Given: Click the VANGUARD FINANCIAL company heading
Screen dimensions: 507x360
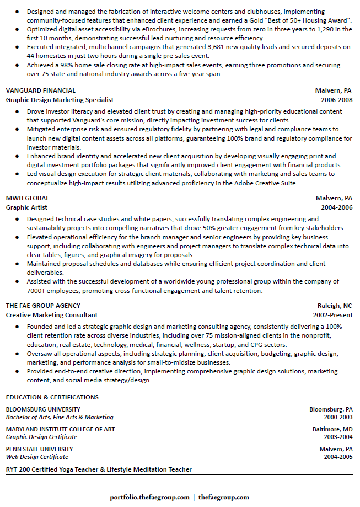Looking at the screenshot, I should click(x=41, y=90).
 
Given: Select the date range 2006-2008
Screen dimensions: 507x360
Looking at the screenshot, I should click(x=336, y=100).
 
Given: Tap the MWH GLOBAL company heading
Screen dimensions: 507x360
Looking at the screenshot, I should click(x=27, y=198).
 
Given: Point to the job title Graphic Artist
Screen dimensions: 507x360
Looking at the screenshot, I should click(x=26, y=207).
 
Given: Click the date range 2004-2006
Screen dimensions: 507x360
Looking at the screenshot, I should click(x=336, y=207).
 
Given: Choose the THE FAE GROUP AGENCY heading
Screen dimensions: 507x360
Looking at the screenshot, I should click(x=43, y=306).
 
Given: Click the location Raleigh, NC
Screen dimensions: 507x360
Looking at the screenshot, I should click(x=335, y=306).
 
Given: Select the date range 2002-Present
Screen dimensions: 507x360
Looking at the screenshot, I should click(x=332, y=315).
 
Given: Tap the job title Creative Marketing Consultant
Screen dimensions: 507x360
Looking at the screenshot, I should click(x=52, y=315).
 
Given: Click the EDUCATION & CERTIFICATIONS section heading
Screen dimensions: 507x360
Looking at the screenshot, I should click(x=52, y=397).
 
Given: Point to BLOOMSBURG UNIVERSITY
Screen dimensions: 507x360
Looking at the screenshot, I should click(x=39, y=410).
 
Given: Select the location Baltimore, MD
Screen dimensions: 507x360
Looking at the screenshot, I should click(x=332, y=429).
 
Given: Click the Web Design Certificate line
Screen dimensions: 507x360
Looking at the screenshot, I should click(x=37, y=457).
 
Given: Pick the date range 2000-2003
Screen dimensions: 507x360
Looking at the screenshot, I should click(x=338, y=417).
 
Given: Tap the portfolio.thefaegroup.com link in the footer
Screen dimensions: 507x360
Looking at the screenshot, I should click(x=149, y=497).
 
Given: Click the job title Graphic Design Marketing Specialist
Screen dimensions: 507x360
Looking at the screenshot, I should click(x=60, y=100).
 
